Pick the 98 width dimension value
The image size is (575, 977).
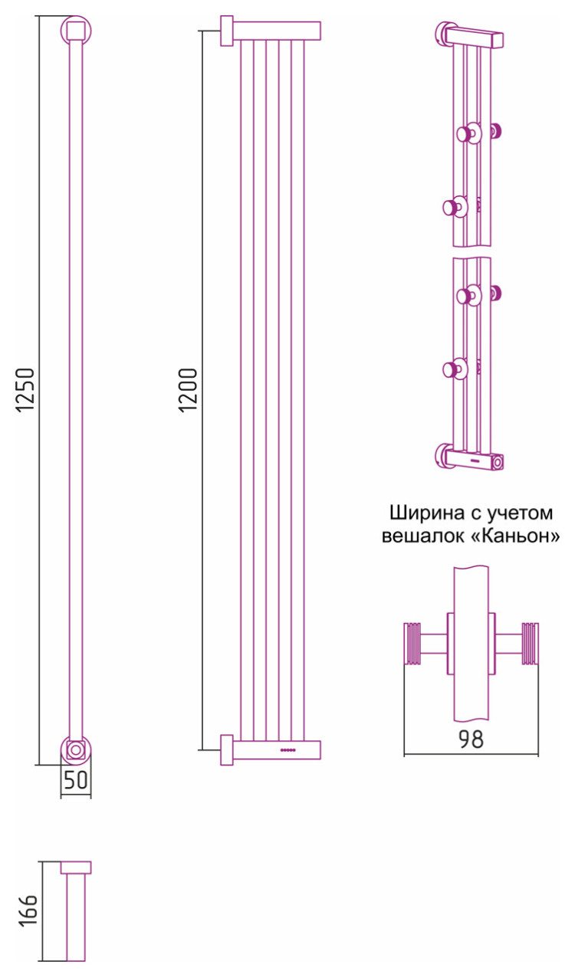point(471,740)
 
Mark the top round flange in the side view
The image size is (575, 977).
point(76,31)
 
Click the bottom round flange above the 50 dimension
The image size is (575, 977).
point(76,749)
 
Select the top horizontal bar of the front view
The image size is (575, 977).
point(276,31)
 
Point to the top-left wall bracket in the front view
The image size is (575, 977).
point(227,31)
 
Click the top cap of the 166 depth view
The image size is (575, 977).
point(76,867)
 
